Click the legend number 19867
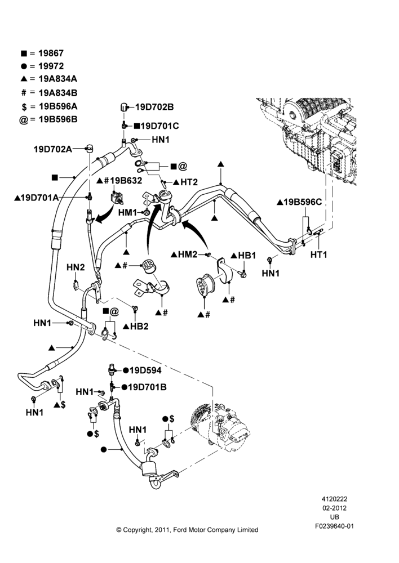coord(51,53)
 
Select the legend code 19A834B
coord(58,93)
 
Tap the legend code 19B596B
coord(58,119)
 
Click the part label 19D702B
coord(154,106)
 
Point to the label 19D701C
coord(159,126)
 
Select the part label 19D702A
coord(53,149)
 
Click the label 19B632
coord(126,180)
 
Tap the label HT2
coord(189,182)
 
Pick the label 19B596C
coord(303,202)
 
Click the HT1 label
coord(319,254)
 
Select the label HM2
coord(188,254)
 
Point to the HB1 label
coord(247,255)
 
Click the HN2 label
coord(76,267)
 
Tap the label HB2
coord(139,327)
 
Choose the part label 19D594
coord(145,370)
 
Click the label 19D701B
coord(147,387)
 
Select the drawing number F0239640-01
coord(334,526)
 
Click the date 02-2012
coord(334,508)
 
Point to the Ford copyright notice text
coord(187,530)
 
